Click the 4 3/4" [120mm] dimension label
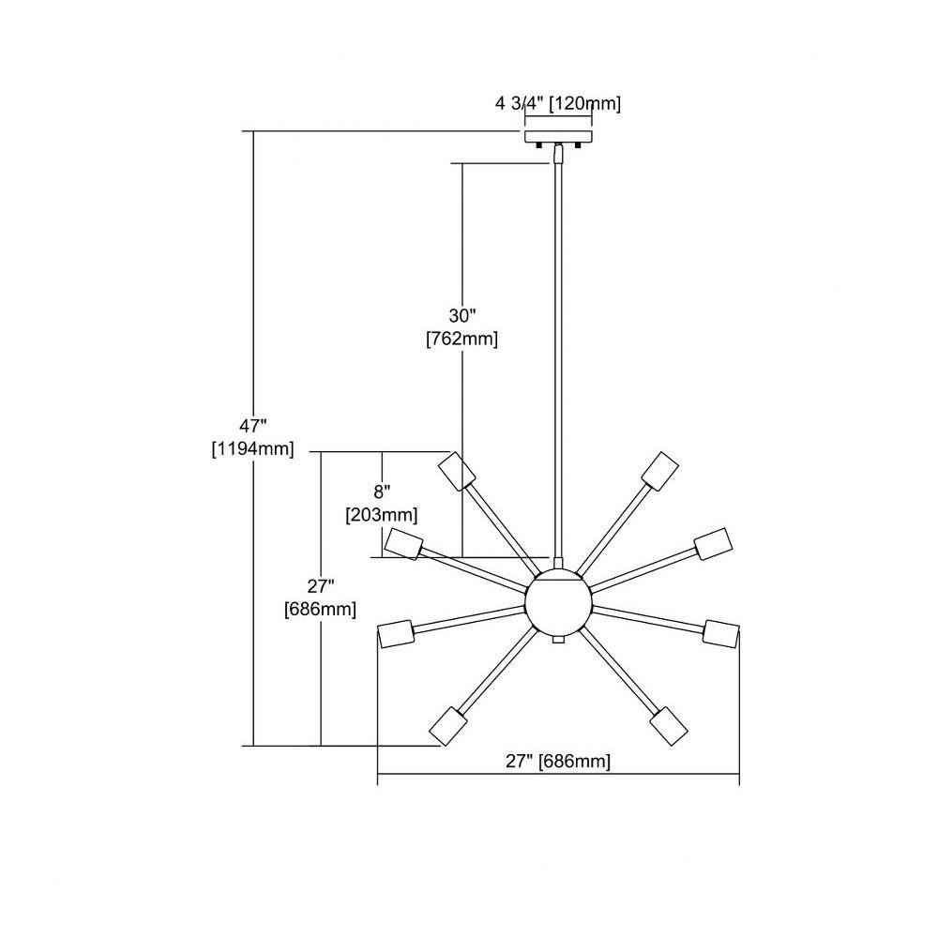tap(558, 103)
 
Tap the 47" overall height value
tap(252, 426)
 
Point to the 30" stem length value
tap(461, 315)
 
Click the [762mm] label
tap(461, 339)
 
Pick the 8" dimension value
tap(382, 492)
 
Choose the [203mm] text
tap(382, 514)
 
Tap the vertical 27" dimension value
tap(321, 585)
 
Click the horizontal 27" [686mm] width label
tap(558, 761)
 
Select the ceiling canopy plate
tap(558, 137)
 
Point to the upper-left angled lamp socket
tap(457, 471)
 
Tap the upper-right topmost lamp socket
tap(659, 471)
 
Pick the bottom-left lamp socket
tap(448, 726)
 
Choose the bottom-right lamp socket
tap(668, 726)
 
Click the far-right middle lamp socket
tap(713, 544)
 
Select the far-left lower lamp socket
tap(395, 633)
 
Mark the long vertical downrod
tap(558, 360)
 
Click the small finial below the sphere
tap(558, 640)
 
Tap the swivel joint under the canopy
tap(558, 153)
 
